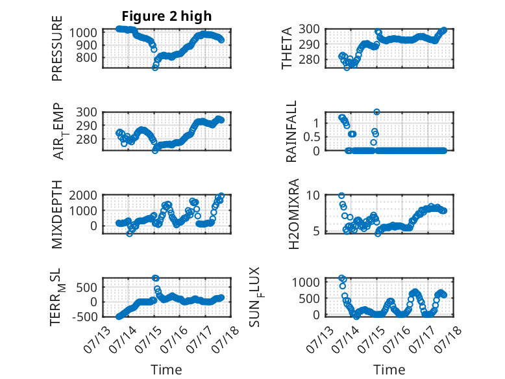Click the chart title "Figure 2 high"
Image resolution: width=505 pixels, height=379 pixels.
point(167,16)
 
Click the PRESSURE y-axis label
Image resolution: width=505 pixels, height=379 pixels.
point(56,48)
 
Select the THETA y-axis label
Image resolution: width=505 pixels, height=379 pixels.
point(286,48)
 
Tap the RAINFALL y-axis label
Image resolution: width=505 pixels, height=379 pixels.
point(291,131)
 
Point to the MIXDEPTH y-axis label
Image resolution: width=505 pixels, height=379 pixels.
point(56,214)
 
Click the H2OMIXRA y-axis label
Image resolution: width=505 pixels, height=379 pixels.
point(294,214)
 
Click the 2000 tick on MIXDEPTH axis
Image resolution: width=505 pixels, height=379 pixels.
point(82,195)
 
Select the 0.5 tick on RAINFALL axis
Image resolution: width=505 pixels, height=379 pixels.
point(312,137)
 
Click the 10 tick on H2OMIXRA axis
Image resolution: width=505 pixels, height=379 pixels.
point(313,195)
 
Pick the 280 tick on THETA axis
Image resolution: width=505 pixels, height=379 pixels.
point(309,59)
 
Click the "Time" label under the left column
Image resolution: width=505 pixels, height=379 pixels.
point(166,369)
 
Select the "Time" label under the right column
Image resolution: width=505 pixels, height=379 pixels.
point(389,369)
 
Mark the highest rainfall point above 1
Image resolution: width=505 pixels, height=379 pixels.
point(376,112)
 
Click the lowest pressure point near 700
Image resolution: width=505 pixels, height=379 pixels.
point(155,68)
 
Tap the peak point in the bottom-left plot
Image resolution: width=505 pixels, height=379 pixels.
point(155,278)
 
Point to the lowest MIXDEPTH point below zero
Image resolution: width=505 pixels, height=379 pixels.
point(129,233)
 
